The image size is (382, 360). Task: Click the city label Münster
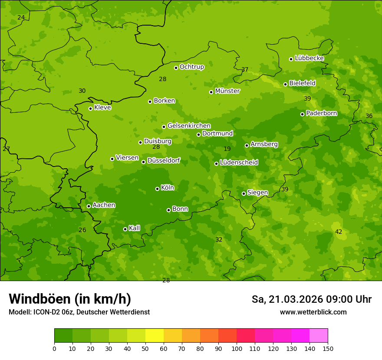pos(227,91)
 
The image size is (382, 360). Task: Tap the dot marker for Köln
pos(157,189)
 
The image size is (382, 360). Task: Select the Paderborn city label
pos(321,113)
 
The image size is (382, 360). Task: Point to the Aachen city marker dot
pos(89,206)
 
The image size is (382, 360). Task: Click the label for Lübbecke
pos(309,58)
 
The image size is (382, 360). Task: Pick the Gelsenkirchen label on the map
pos(189,126)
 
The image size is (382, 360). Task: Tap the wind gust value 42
pos(339,232)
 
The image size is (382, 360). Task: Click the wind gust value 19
pos(227,149)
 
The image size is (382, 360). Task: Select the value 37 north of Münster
pos(245,70)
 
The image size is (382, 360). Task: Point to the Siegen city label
pos(257,193)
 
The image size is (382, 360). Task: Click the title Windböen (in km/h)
pos(70,299)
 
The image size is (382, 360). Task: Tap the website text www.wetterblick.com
pos(313,312)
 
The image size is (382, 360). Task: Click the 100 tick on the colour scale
pos(237,348)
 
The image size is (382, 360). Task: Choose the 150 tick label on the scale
pos(328,348)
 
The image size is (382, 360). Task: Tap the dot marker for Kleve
pos(90,108)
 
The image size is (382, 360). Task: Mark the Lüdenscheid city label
pos(239,163)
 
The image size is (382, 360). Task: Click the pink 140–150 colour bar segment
pos(319,336)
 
